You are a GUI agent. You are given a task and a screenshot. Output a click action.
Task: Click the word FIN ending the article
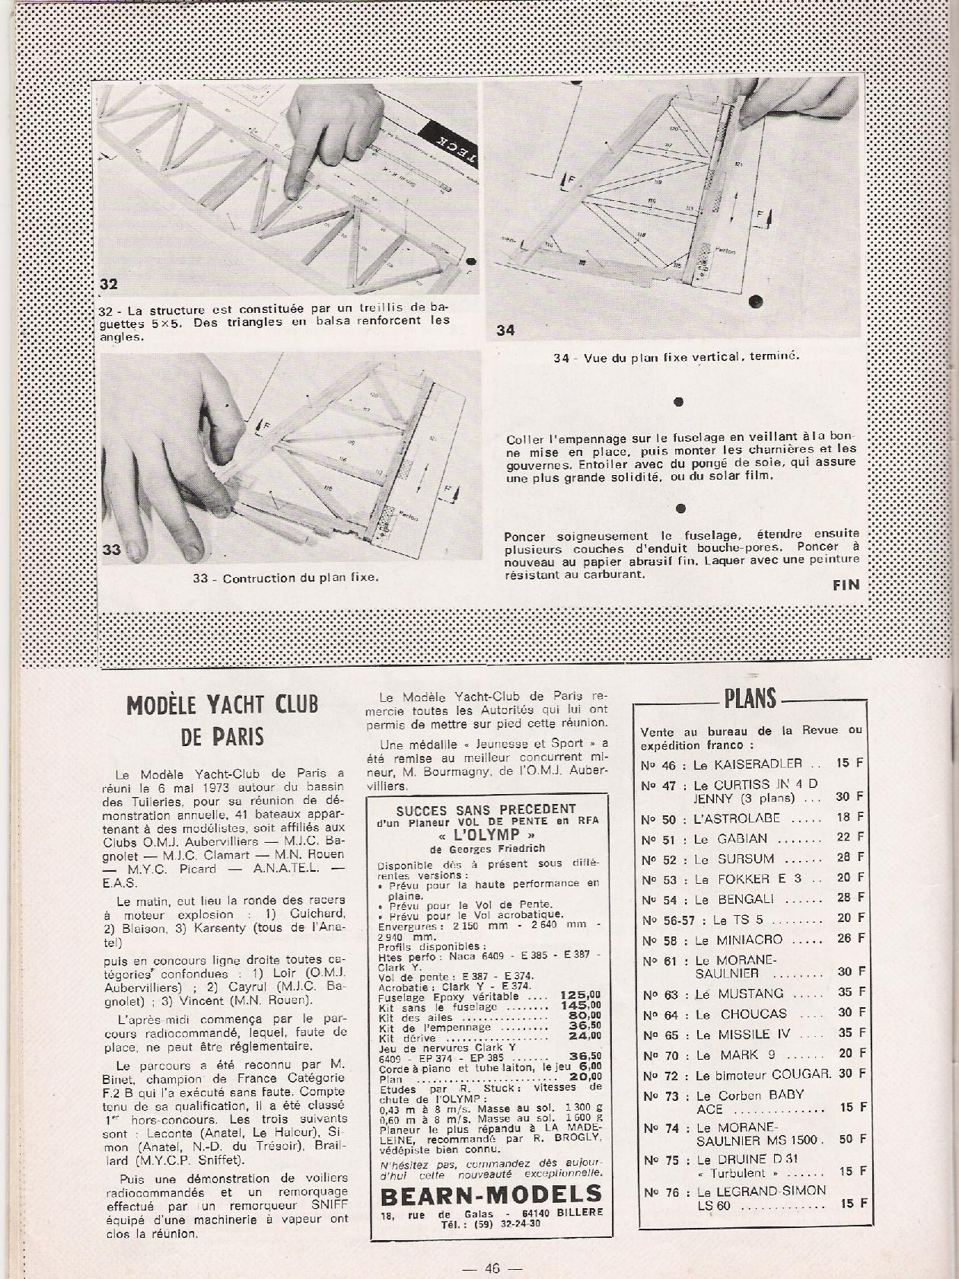coord(846,585)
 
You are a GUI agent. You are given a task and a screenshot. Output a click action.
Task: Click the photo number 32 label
coord(110,285)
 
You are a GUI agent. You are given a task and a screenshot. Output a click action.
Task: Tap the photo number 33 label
coord(111,550)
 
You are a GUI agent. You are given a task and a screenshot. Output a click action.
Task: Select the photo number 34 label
coord(505,330)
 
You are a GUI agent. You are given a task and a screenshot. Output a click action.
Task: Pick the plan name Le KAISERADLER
coord(749,763)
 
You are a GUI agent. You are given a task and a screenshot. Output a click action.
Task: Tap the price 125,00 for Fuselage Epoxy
coord(579,994)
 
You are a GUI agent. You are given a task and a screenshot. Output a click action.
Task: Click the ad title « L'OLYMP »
coord(489,834)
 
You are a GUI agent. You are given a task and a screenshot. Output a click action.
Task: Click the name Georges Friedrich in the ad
coord(506,849)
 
